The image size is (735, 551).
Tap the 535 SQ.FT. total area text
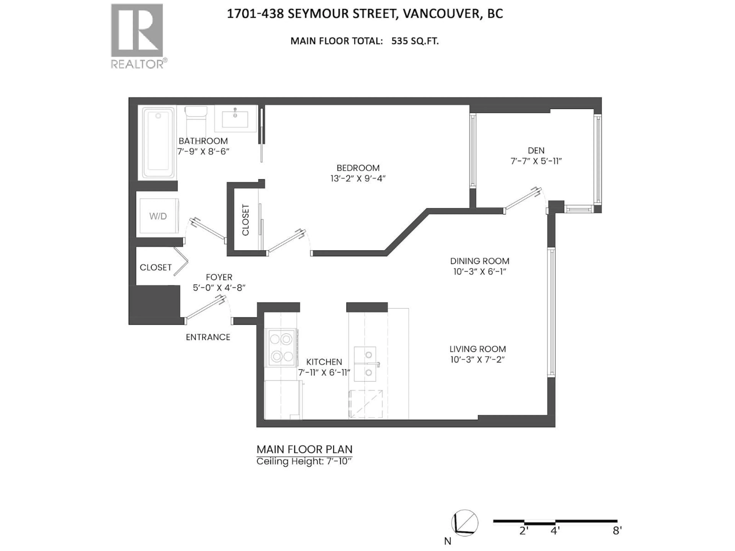(x=415, y=41)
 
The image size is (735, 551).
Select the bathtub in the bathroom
(x=158, y=143)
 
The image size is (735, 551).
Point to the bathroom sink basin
(x=235, y=119)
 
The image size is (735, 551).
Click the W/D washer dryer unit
(x=158, y=216)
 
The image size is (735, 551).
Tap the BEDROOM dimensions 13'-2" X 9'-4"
(x=358, y=178)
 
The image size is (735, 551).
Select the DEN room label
(x=536, y=150)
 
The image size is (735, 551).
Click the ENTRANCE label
(x=208, y=337)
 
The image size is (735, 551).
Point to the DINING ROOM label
(x=479, y=261)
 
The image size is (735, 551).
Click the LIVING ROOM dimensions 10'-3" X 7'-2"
(x=478, y=360)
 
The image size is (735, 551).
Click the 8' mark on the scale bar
(x=617, y=540)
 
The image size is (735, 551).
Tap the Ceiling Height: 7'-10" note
(x=304, y=461)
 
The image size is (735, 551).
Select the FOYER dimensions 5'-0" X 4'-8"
(x=219, y=288)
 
